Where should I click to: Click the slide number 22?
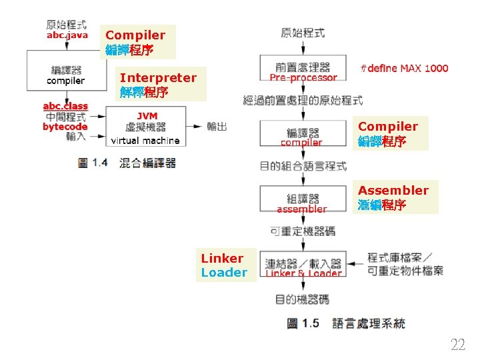(x=458, y=345)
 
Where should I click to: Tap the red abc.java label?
(x=67, y=35)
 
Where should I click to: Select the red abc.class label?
(x=65, y=106)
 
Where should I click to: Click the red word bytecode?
(x=65, y=127)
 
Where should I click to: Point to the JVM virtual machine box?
(x=145, y=128)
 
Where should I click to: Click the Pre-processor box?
(x=303, y=71)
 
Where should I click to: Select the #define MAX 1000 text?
(x=404, y=68)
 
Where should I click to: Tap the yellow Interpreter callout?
(x=158, y=84)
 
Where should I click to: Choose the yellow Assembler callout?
(x=393, y=197)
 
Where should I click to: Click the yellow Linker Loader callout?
(x=225, y=265)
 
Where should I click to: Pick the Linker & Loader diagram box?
(x=303, y=268)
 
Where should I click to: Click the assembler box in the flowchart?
(x=302, y=203)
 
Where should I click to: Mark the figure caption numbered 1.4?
(x=127, y=162)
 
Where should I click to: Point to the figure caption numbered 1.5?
(x=345, y=323)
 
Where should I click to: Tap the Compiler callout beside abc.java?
(x=137, y=42)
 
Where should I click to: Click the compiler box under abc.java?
(x=66, y=75)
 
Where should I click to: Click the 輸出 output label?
(x=217, y=126)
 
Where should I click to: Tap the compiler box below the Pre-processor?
(x=302, y=137)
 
